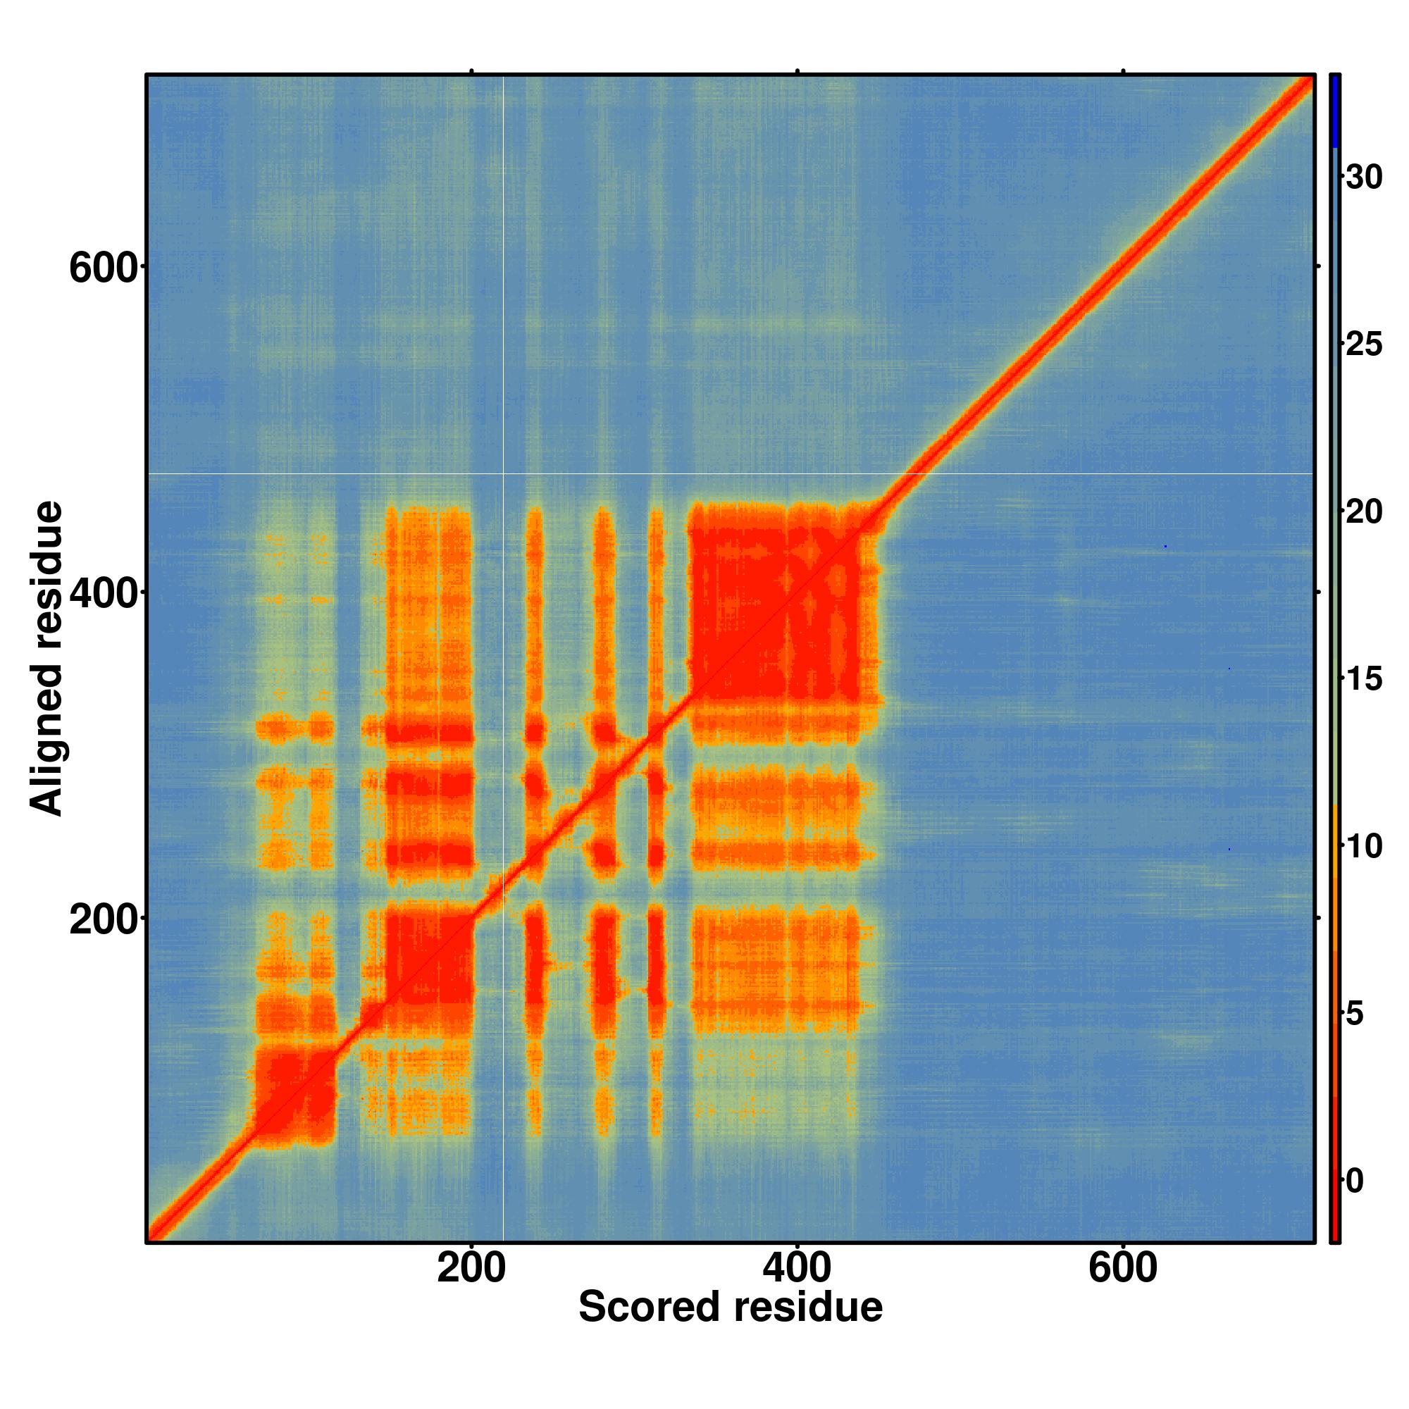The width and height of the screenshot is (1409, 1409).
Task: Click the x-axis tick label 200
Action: [x=471, y=1268]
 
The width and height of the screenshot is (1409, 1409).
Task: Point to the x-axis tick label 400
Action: [x=796, y=1268]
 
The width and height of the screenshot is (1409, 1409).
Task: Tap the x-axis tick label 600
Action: [x=1122, y=1268]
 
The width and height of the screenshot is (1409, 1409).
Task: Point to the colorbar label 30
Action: [x=1364, y=178]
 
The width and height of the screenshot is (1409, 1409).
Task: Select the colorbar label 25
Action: [x=1364, y=345]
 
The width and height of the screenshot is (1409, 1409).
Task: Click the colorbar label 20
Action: [x=1364, y=512]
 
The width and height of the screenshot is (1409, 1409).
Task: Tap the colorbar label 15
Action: [x=1364, y=680]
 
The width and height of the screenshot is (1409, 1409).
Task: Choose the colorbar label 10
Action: [x=1364, y=847]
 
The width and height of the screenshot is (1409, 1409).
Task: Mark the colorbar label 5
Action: [x=1364, y=1014]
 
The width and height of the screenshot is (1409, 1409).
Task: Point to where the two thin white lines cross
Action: [x=504, y=474]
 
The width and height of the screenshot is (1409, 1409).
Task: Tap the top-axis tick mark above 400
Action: [x=797, y=70]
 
